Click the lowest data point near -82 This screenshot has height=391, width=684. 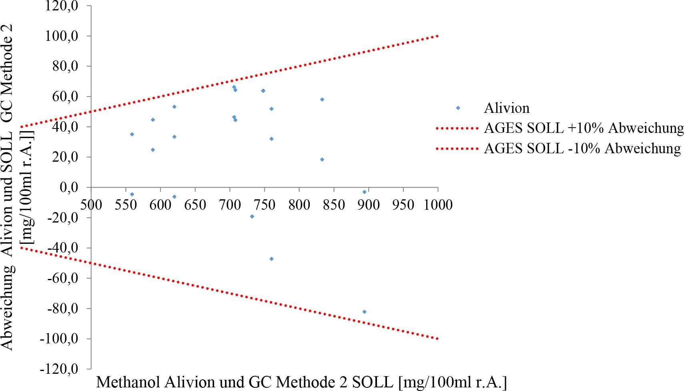click(x=364, y=312)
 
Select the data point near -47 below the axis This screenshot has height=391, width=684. click(x=271, y=259)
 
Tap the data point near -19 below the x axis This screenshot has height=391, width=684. click(x=252, y=217)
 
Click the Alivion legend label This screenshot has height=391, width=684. click(x=506, y=108)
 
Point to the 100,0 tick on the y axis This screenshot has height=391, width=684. click(x=64, y=36)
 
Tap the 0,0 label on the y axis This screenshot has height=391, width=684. click(x=70, y=187)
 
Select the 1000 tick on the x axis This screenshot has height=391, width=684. click(x=437, y=205)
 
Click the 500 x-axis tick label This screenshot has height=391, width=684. click(x=91, y=205)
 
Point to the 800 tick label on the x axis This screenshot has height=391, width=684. click(x=299, y=205)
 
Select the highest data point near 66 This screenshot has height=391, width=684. click(x=234, y=87)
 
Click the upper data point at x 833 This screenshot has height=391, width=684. click(x=322, y=99)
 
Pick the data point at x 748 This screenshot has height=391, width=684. click(x=263, y=91)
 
